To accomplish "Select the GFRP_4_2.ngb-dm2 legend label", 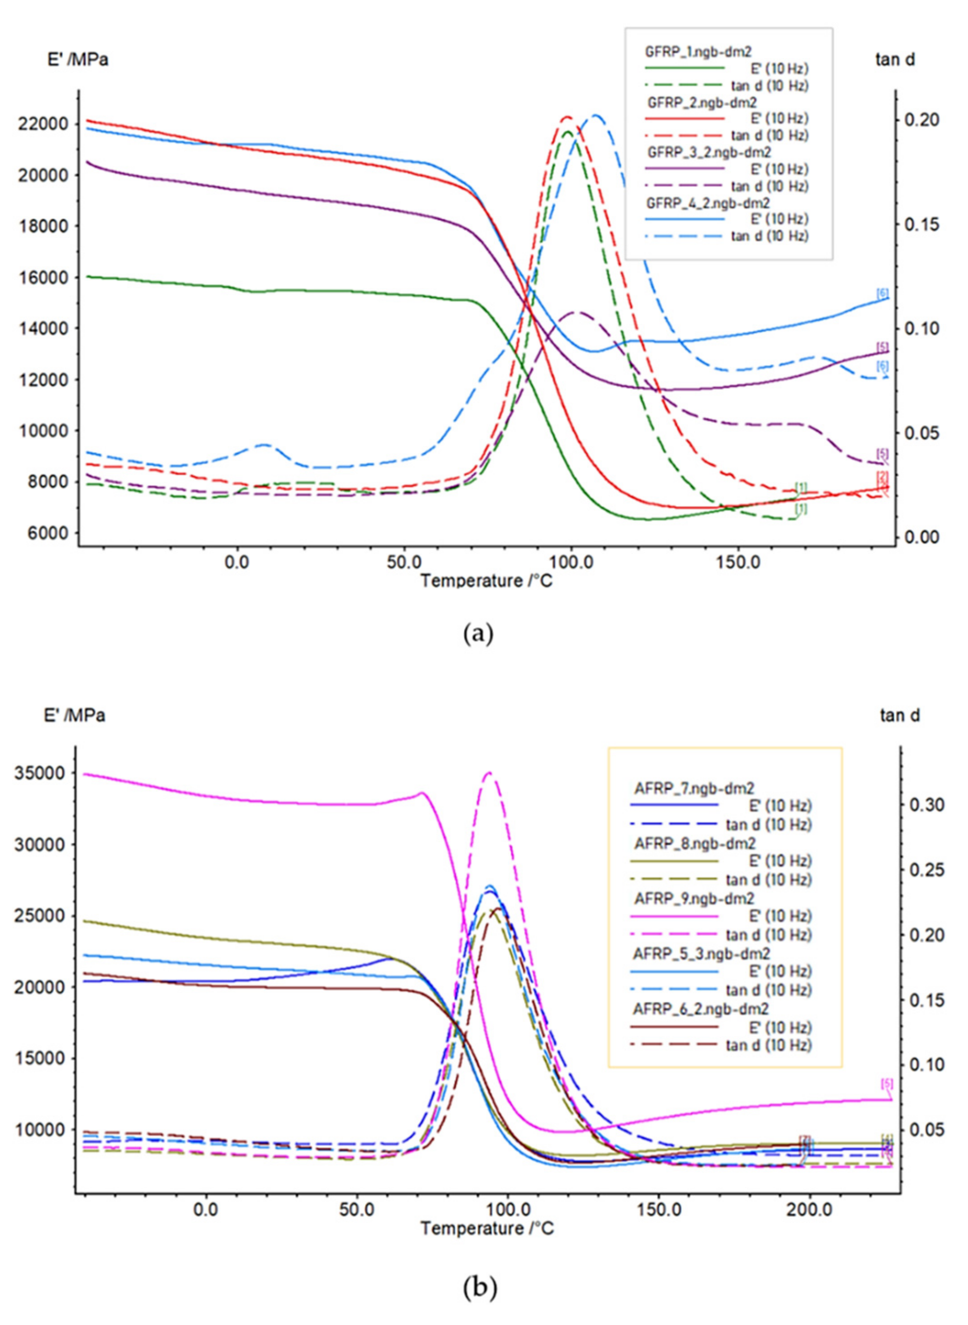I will click(708, 203).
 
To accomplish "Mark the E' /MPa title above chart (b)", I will click(74, 716).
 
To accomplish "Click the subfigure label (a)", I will click(479, 634).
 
